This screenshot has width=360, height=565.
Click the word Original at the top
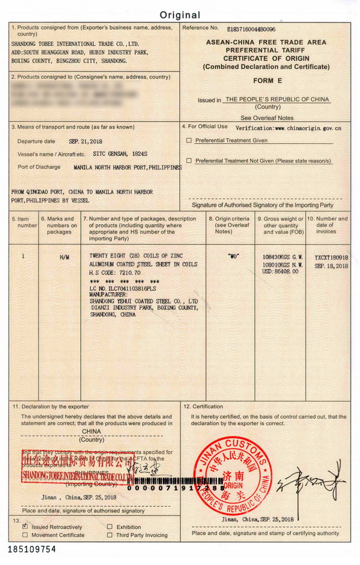click(180, 15)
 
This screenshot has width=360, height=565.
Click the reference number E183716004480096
click(251, 29)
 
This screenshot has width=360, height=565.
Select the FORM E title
click(268, 81)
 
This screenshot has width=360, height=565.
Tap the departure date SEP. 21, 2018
click(85, 142)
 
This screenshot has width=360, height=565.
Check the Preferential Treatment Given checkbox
click(189, 141)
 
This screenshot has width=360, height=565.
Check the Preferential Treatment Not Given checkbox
click(189, 161)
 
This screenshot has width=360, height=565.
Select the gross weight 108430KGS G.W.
click(282, 257)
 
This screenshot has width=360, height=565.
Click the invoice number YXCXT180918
click(331, 257)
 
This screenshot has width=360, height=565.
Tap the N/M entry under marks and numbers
click(64, 257)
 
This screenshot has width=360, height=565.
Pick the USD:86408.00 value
click(280, 272)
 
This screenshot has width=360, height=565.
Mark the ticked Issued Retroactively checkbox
click(25, 527)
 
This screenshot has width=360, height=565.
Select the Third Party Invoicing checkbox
click(110, 535)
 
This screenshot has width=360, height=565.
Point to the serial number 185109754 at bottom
click(32, 550)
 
